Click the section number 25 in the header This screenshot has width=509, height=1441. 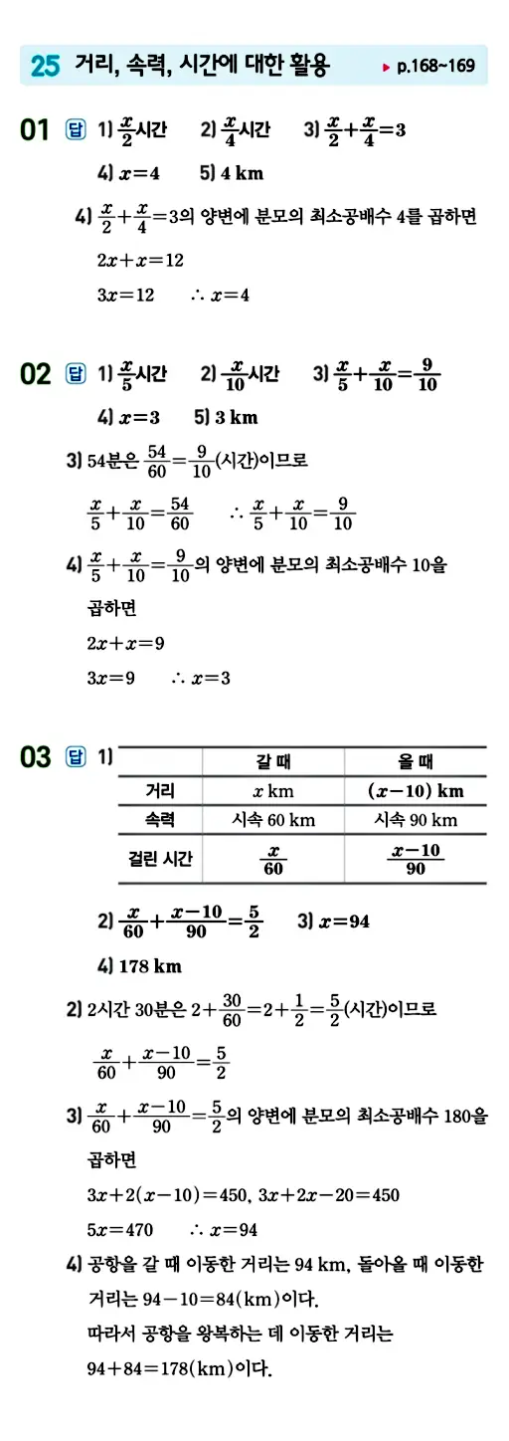pyautogui.click(x=46, y=67)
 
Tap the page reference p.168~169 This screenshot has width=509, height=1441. pyautogui.click(x=433, y=68)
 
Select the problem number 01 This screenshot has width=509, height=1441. pyautogui.click(x=35, y=130)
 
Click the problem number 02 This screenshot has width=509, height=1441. pyautogui.click(x=35, y=375)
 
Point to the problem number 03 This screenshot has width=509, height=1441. pyautogui.click(x=35, y=758)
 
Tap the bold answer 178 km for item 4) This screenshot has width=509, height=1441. pyautogui.click(x=149, y=965)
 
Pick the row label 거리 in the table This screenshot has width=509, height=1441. pyautogui.click(x=160, y=791)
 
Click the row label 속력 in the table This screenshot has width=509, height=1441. pyautogui.click(x=160, y=820)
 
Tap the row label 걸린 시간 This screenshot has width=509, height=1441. pyautogui.click(x=160, y=858)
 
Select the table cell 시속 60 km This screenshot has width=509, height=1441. pyautogui.click(x=272, y=821)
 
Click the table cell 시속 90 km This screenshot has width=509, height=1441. pyautogui.click(x=416, y=821)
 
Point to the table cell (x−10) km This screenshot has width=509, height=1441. pyautogui.click(x=416, y=792)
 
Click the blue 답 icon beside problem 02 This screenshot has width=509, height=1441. pyautogui.click(x=75, y=374)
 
